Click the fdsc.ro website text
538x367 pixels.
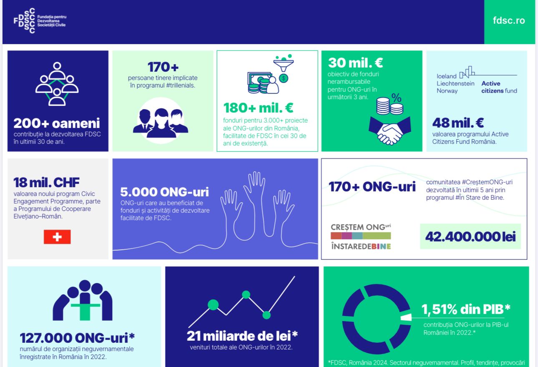pyautogui.click(x=509, y=21)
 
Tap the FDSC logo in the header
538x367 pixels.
pyautogui.click(x=40, y=21)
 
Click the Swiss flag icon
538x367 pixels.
pyautogui.click(x=57, y=237)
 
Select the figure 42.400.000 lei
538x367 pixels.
pyautogui.click(x=470, y=236)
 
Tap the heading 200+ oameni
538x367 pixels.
pyautogui.click(x=57, y=123)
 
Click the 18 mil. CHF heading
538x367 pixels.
pyautogui.click(x=46, y=183)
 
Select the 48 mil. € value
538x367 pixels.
pyautogui.click(x=458, y=123)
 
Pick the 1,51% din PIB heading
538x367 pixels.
pyautogui.click(x=466, y=309)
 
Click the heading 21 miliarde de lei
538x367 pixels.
pyautogui.click(x=242, y=336)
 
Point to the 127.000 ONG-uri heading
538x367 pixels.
pyautogui.click(x=77, y=338)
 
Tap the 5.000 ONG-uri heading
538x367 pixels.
pyautogui.click(x=164, y=192)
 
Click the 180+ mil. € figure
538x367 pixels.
pyautogui.click(x=258, y=108)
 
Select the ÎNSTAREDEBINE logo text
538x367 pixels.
pyautogui.click(x=361, y=246)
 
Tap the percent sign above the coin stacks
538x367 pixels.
pyautogui.click(x=397, y=98)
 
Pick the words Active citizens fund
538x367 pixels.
pyautogui.click(x=499, y=87)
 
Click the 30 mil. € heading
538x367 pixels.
pyautogui.click(x=355, y=63)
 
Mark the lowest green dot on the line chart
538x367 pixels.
pyautogui.click(x=266, y=315)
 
